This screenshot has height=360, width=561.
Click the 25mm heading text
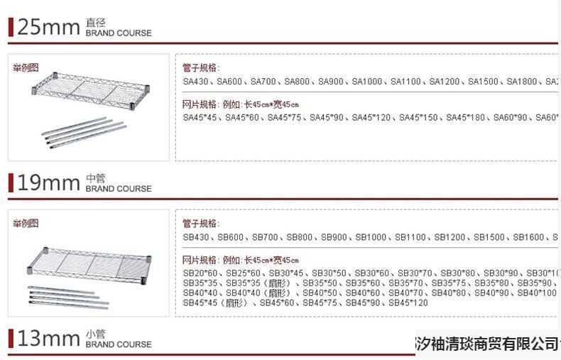[48, 27]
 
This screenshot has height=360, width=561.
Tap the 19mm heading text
[48, 183]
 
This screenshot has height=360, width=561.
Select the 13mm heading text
[48, 339]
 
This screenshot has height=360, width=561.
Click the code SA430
[196, 82]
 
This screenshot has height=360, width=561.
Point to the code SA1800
[522, 82]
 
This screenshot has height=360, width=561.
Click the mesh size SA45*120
[371, 118]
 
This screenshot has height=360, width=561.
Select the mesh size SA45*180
[466, 118]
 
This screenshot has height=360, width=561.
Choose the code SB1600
[528, 237]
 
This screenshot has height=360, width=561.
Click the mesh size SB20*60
[201, 273]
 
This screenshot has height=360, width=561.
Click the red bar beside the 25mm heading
[11, 27]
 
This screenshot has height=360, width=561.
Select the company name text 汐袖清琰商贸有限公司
[486, 344]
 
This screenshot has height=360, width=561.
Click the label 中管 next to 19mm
[95, 178]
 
